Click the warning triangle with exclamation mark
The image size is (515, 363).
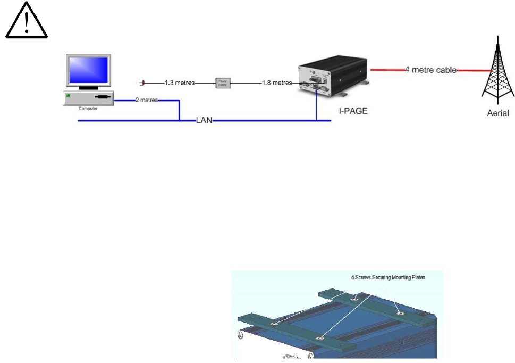[27, 24]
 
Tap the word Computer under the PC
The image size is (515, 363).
[88, 108]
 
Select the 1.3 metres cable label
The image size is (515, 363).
[179, 82]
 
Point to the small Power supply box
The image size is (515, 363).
[222, 82]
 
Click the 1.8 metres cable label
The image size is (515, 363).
[276, 82]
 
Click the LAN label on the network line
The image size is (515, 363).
[204, 121]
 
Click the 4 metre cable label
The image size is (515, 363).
[430, 70]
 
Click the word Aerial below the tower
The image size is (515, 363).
[497, 113]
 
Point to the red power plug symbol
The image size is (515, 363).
[142, 82]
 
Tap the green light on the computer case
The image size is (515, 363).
[67, 96]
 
